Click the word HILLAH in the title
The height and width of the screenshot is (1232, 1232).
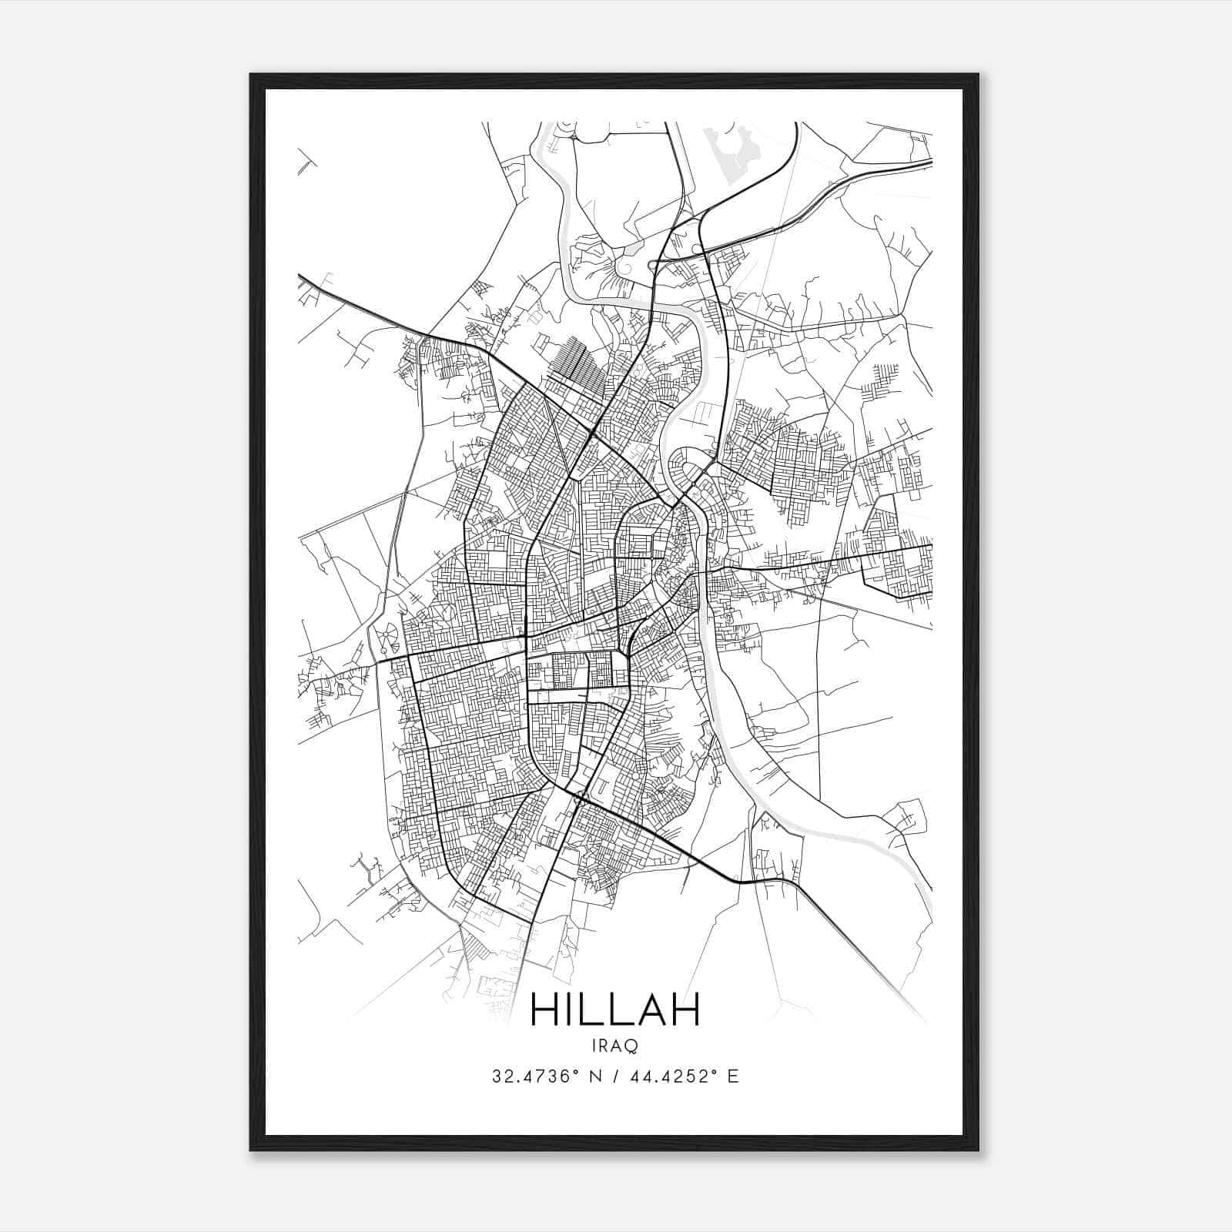pos(615,1009)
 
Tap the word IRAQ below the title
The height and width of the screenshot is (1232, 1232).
pos(615,1046)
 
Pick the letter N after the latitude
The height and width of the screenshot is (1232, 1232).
pos(595,1076)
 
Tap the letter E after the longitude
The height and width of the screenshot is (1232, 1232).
pos(732,1076)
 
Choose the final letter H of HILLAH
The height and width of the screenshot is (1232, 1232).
pos(685,1009)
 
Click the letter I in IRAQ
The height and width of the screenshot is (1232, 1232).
pos(595,1046)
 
